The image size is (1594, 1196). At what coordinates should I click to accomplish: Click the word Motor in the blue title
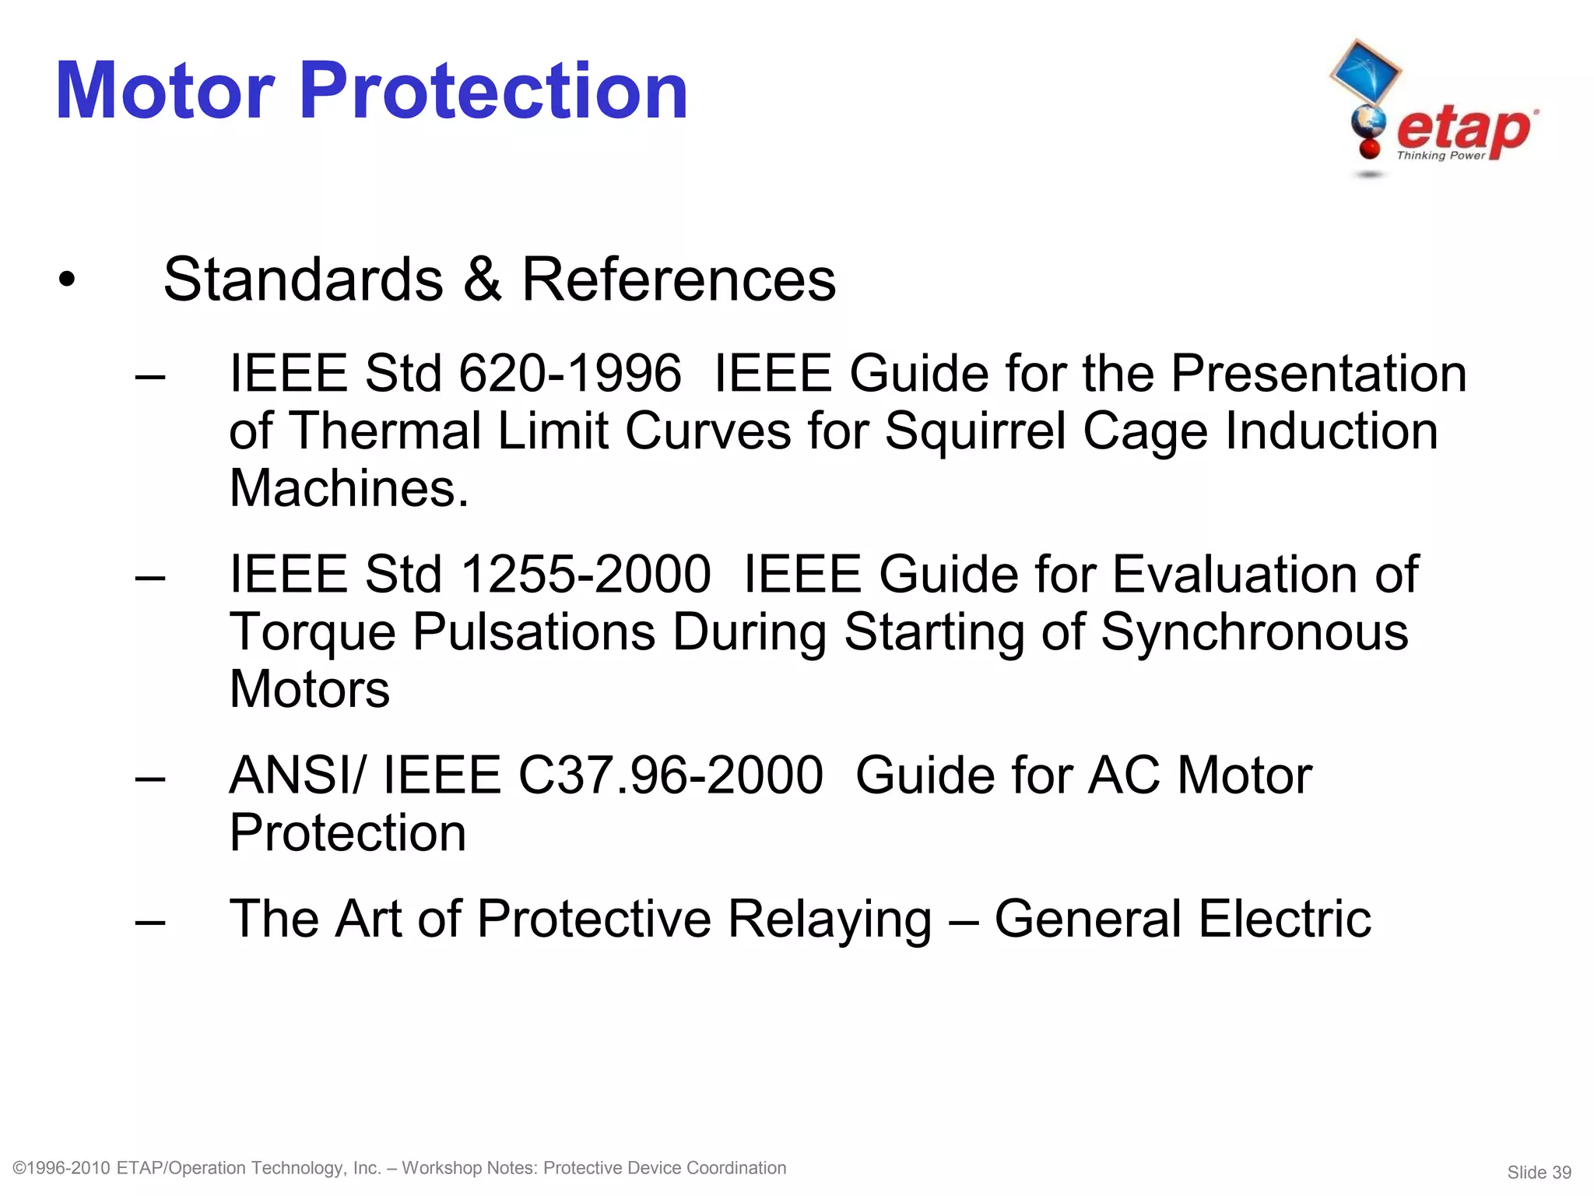click(x=165, y=91)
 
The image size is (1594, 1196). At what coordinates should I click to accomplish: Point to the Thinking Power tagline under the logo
click(x=1441, y=156)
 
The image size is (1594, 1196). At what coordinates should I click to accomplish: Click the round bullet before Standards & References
click(x=67, y=280)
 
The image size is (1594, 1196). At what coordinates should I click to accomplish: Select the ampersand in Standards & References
click(x=483, y=280)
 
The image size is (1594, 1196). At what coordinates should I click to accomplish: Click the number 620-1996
click(x=570, y=373)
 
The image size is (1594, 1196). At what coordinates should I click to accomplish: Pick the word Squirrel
click(x=975, y=431)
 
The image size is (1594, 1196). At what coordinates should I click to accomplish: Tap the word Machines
click(x=349, y=488)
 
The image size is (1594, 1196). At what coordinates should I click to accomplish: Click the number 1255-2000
click(x=586, y=574)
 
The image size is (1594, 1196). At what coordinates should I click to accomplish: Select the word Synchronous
click(x=1254, y=631)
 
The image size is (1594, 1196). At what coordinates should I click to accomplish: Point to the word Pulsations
click(x=533, y=631)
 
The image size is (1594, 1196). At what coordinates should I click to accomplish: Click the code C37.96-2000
click(x=670, y=776)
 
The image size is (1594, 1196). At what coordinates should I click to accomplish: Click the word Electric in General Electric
click(x=1284, y=920)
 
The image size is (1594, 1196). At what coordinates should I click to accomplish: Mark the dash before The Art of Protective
click(x=150, y=921)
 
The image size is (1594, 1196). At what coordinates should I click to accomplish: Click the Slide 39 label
click(x=1539, y=1173)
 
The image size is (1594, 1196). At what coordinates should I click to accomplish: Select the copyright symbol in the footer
click(x=21, y=1168)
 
